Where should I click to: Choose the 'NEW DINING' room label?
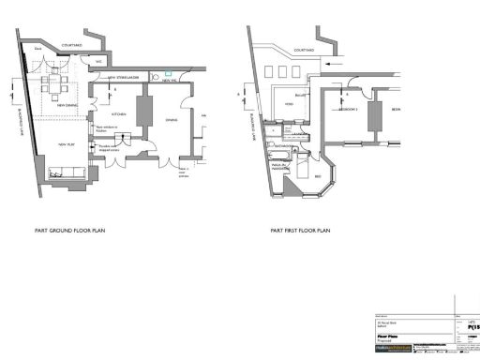[x=66, y=106]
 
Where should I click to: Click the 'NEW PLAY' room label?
[x=65, y=144]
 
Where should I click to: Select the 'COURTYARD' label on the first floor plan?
[x=304, y=50]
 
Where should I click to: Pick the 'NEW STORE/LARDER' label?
[x=124, y=77]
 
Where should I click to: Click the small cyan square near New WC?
[x=169, y=73]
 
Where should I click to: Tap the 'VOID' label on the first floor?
[x=290, y=105]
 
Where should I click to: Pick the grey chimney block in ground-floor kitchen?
[x=145, y=110]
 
